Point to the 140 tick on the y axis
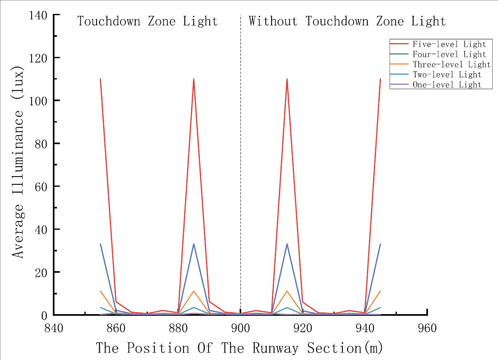(38, 16)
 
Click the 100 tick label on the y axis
(38, 101)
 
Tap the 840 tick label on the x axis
(54, 328)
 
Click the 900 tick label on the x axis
(240, 328)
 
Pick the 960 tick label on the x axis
(427, 328)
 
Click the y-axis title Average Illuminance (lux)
(18, 162)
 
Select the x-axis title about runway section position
(240, 348)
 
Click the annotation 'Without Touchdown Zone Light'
(347, 21)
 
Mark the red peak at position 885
(194, 79)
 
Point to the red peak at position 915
(287, 79)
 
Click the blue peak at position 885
(194, 244)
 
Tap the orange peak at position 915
(287, 291)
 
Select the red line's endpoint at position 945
(380, 79)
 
